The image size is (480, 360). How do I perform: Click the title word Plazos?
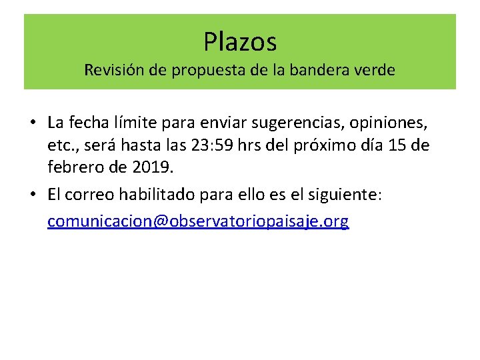point(240,42)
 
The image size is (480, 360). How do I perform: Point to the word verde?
point(373,70)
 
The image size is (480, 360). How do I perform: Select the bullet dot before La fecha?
point(32,123)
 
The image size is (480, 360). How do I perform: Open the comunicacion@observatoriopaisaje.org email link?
point(198,222)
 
